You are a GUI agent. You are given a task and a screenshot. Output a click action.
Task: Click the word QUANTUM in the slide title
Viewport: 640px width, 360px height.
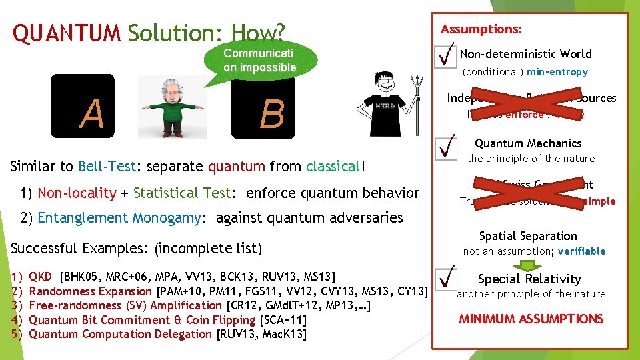tap(67, 33)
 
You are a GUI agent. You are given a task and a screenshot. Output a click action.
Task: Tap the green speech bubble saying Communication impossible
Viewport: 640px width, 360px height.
tap(259, 61)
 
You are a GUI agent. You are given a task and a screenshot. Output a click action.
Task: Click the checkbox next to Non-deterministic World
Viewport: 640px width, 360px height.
tap(444, 56)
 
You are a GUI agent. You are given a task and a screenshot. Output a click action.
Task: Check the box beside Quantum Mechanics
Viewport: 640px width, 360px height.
tap(444, 149)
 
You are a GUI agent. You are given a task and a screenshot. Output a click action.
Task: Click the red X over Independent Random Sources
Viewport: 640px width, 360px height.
tap(529, 103)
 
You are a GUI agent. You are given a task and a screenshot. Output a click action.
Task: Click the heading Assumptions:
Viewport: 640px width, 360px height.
tap(482, 29)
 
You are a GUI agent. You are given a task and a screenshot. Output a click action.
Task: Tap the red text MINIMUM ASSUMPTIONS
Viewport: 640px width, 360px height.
tap(531, 319)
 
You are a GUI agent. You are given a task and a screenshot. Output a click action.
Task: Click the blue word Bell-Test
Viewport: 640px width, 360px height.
tap(107, 167)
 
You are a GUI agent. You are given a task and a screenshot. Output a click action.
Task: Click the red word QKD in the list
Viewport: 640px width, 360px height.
tap(41, 277)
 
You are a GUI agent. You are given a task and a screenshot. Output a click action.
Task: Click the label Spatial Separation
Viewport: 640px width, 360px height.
tap(528, 236)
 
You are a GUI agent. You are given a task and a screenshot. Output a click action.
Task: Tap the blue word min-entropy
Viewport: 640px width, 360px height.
tap(557, 71)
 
